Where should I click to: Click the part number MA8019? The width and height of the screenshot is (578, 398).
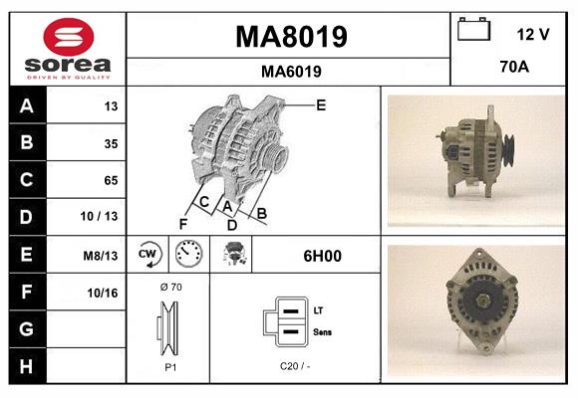(x=290, y=37)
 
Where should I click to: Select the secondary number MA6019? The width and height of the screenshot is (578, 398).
(x=290, y=71)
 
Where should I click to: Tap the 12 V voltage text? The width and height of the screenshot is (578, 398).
(x=533, y=34)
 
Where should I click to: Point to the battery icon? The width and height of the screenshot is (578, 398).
(x=473, y=31)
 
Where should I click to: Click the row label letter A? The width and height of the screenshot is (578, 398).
(x=26, y=106)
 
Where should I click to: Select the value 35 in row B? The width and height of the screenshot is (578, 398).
(x=111, y=143)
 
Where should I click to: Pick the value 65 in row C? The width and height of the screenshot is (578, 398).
(x=111, y=180)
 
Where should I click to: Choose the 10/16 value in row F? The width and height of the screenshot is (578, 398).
(x=104, y=293)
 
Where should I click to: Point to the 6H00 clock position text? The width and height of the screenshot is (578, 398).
(x=322, y=256)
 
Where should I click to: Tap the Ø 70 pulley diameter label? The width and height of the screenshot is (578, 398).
(x=169, y=287)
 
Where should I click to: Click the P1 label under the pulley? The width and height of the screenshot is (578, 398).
(x=169, y=366)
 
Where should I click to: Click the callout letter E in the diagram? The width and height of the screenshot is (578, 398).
(x=320, y=104)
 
